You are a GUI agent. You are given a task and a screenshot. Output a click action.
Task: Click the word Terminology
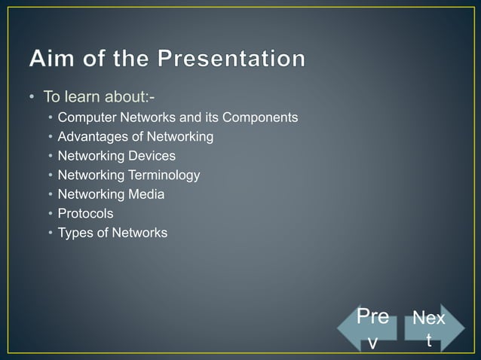(x=164, y=175)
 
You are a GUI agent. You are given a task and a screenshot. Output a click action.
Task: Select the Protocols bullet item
(x=85, y=214)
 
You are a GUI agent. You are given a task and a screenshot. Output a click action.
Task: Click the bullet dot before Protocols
(x=50, y=214)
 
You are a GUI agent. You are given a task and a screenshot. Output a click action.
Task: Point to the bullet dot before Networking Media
(x=50, y=194)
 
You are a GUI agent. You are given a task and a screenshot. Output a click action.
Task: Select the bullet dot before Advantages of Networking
(x=50, y=137)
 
